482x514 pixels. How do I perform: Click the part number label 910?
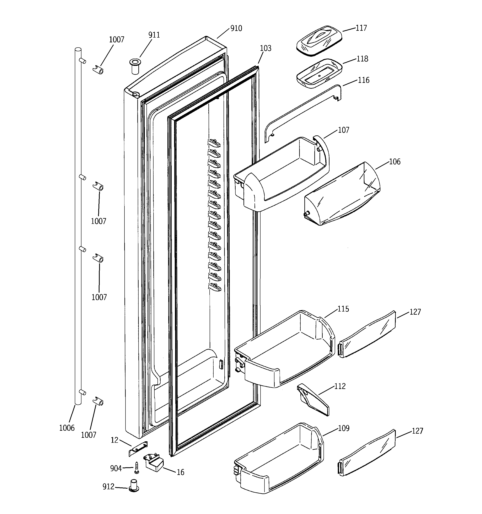(x=236, y=28)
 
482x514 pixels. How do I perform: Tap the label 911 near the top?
(x=154, y=35)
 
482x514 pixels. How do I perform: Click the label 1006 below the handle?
(x=67, y=428)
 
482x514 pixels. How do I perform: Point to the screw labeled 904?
(x=136, y=468)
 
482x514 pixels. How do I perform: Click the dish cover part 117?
(x=319, y=40)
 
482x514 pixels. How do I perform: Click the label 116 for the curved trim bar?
(x=364, y=80)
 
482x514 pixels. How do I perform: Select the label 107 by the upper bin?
(x=344, y=130)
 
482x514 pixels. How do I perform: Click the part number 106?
(x=395, y=162)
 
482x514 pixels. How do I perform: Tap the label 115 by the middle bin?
(x=343, y=309)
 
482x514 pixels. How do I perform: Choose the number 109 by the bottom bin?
(x=344, y=428)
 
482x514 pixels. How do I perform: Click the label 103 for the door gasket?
(x=266, y=48)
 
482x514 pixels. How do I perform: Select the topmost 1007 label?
(x=116, y=39)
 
